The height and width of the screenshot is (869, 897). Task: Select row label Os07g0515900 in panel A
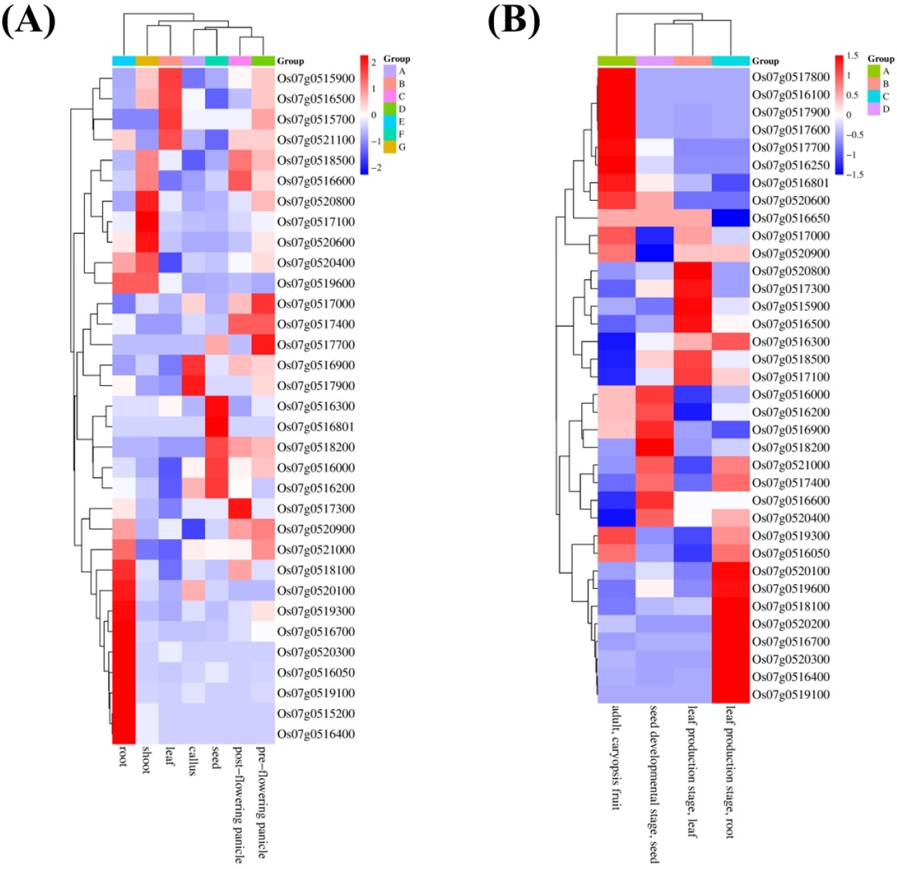(316, 79)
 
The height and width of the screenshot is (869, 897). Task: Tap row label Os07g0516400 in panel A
(316, 734)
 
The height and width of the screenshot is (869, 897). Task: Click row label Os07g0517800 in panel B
(791, 77)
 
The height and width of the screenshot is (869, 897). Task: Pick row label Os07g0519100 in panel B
(791, 694)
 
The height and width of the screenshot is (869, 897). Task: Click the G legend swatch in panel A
(389, 147)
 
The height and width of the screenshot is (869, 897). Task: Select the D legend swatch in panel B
(874, 109)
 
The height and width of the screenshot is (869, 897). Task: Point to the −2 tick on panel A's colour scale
(376, 168)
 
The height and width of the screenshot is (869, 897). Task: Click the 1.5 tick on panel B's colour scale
(853, 56)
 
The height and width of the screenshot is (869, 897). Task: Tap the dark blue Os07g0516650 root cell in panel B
(730, 218)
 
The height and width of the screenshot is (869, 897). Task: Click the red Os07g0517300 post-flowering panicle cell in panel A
(240, 508)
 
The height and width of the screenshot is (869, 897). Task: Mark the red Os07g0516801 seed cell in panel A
(217, 426)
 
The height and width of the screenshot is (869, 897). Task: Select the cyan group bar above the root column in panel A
(124, 61)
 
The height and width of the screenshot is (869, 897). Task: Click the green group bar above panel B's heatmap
(617, 61)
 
